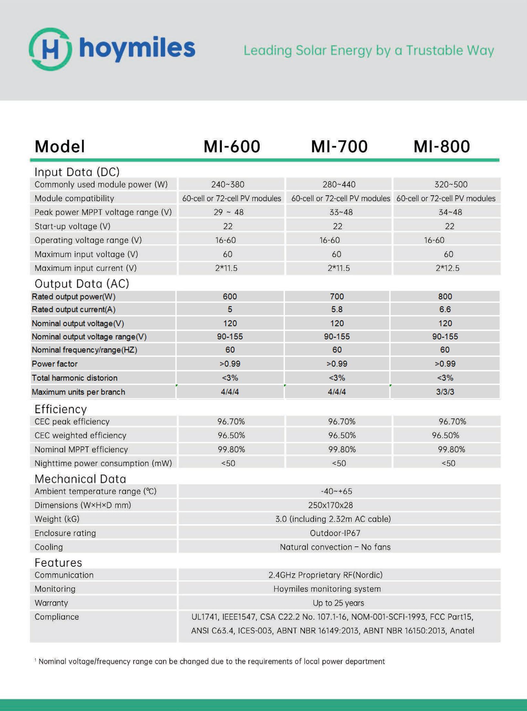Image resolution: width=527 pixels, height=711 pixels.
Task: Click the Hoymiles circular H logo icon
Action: pyautogui.click(x=50, y=49)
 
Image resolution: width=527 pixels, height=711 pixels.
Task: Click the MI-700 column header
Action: pyautogui.click(x=339, y=146)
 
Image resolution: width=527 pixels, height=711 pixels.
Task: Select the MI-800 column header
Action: pyautogui.click(x=441, y=146)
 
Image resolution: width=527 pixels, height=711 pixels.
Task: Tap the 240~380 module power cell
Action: pyautogui.click(x=228, y=184)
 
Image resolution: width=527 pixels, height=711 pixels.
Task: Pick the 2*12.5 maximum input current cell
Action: pyautogui.click(x=447, y=268)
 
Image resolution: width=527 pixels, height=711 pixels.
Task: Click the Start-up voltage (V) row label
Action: pyautogui.click(x=72, y=226)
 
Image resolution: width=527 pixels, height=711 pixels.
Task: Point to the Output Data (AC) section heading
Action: pyautogui.click(x=82, y=284)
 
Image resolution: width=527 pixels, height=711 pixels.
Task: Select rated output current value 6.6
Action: pyautogui.click(x=445, y=309)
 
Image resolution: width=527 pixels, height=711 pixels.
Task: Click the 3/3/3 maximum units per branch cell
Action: pyautogui.click(x=445, y=392)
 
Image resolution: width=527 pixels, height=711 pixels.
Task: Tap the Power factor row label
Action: pyautogui.click(x=55, y=364)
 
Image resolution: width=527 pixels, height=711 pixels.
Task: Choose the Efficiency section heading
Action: pyautogui.click(x=60, y=409)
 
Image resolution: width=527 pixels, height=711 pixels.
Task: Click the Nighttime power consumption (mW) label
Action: pyautogui.click(x=103, y=463)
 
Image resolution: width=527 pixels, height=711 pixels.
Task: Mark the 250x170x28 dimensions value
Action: pyautogui.click(x=330, y=505)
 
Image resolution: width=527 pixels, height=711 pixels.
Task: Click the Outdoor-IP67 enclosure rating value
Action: pyautogui.click(x=335, y=533)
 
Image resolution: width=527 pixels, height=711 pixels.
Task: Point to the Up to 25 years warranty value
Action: pyautogui.click(x=338, y=603)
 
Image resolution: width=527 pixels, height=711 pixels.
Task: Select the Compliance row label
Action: pyautogui.click(x=57, y=617)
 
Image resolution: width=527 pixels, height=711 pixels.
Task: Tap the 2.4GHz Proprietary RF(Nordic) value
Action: pyautogui.click(x=325, y=575)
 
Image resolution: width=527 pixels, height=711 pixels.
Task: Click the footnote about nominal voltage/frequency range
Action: pyautogui.click(x=212, y=661)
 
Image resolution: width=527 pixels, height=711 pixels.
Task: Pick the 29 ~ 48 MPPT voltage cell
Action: pyautogui.click(x=228, y=212)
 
